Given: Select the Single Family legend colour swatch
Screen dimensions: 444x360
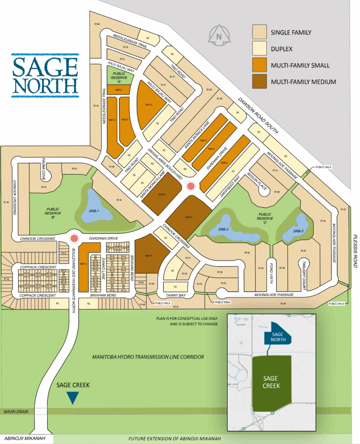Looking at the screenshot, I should pos(259,32).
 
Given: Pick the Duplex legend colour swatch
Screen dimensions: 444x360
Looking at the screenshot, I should pos(259,49).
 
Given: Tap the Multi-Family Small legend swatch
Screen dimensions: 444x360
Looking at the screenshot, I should pos(259,65).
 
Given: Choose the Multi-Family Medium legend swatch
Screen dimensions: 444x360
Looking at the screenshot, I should pos(259,82).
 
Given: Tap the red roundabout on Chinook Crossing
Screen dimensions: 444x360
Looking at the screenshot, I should pos(75,238).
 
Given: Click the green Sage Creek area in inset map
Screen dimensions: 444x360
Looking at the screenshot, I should pos(272,382).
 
